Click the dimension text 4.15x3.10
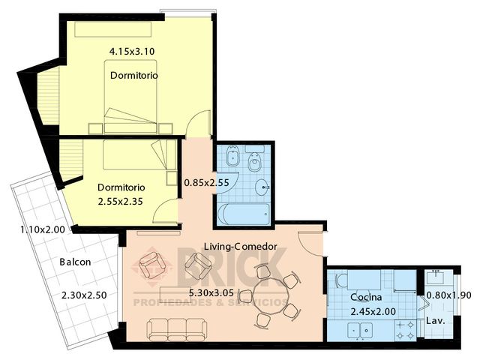pos(132,51)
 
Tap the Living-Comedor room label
pos(241,247)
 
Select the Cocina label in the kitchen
pos(366,297)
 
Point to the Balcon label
pos(75,262)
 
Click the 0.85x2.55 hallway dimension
pos(206,183)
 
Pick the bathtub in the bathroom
pos(244,214)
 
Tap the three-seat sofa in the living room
pos(176,330)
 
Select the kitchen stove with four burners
pos(405,330)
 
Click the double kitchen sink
pos(360,331)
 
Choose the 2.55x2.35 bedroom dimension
pos(120,202)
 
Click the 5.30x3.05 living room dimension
pos(211,293)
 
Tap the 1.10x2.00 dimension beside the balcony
pos(43,229)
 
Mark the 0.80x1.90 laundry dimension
pos(448,295)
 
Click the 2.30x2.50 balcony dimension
pos(84,295)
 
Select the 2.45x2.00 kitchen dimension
pos(373,312)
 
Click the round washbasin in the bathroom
pos(262,187)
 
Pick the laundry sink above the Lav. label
pos(436,277)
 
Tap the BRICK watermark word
pos(232,267)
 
